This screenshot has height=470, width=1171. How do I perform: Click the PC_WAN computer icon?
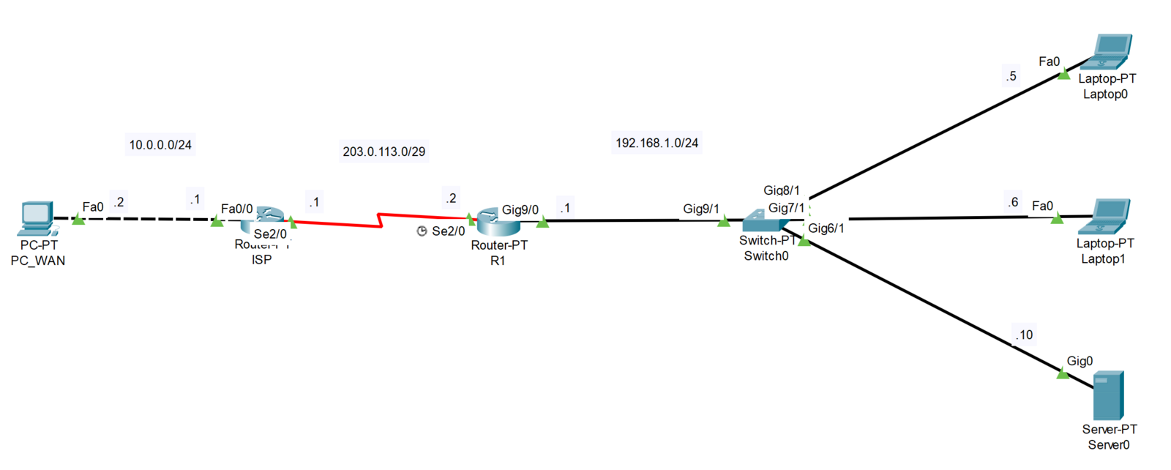(x=37, y=218)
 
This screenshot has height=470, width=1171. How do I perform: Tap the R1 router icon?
(x=498, y=222)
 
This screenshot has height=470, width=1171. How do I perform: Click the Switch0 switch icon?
(x=764, y=220)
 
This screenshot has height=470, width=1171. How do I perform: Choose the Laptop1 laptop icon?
(x=1108, y=217)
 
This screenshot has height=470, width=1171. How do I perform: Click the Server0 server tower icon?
(x=1108, y=395)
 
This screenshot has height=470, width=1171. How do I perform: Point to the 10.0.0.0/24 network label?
(x=160, y=145)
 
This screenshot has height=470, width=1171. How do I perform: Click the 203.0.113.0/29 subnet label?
(x=384, y=152)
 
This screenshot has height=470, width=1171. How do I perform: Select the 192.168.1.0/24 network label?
(x=656, y=143)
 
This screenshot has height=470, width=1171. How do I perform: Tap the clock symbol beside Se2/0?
(x=422, y=231)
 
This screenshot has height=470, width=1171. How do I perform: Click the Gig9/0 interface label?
(x=520, y=210)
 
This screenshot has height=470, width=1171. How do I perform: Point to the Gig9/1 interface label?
(x=700, y=209)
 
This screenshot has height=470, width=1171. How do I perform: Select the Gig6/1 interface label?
(x=826, y=228)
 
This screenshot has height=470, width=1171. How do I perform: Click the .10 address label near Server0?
(x=1024, y=335)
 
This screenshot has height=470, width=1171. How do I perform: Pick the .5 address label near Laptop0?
(x=1011, y=76)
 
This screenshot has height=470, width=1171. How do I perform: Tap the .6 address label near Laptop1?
(x=1013, y=202)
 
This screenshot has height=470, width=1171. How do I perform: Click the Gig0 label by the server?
(x=1080, y=361)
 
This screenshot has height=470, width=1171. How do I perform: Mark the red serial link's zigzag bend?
(x=380, y=220)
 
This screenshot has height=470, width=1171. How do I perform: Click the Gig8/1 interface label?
(x=781, y=190)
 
